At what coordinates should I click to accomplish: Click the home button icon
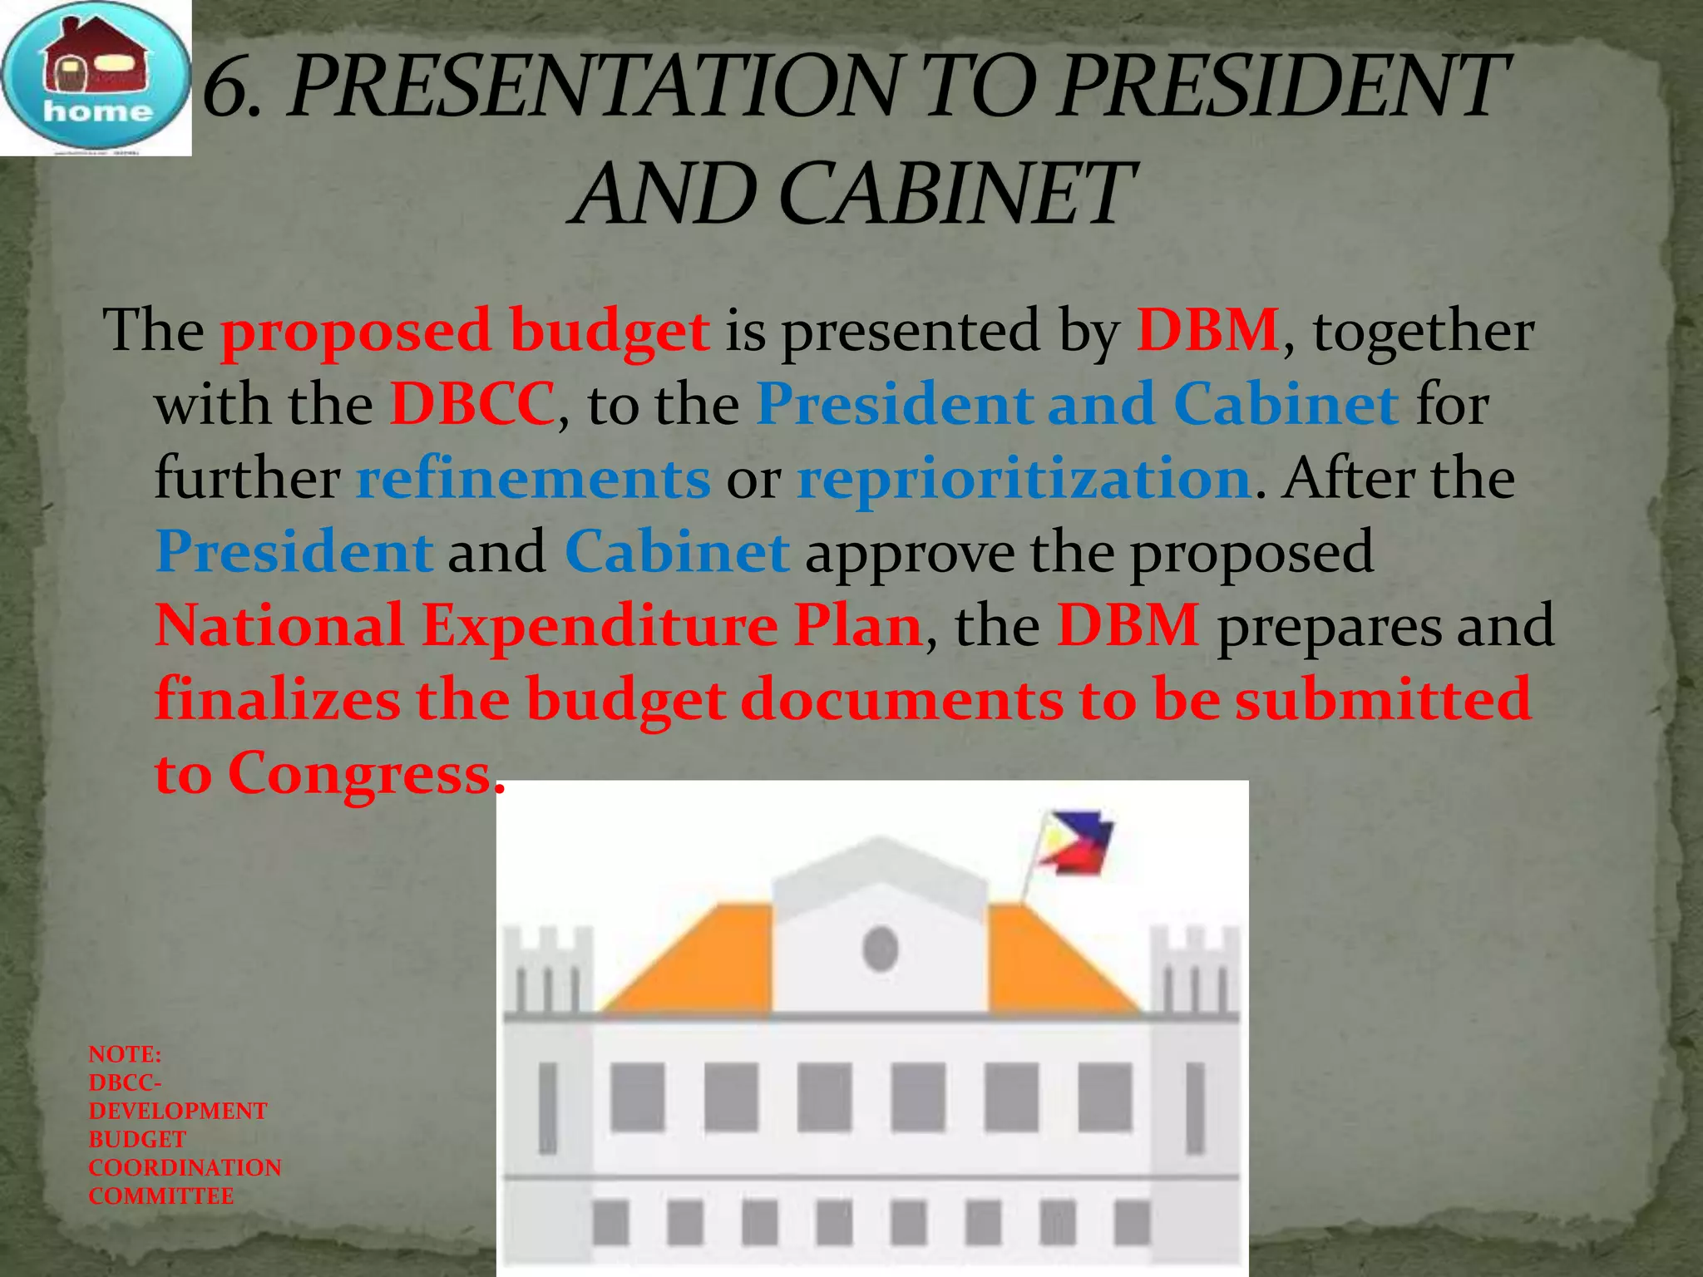pyautogui.click(x=96, y=78)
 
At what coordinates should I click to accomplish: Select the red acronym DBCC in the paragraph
pyautogui.click(x=471, y=404)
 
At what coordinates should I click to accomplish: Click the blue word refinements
pyautogui.click(x=533, y=478)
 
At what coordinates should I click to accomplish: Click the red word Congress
pyautogui.click(x=359, y=773)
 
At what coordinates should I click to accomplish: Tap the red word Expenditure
pyautogui.click(x=600, y=625)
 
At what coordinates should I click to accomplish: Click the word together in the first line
pyautogui.click(x=1423, y=331)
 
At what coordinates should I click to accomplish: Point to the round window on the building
pyautogui.click(x=880, y=949)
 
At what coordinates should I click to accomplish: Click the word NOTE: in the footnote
pyautogui.click(x=125, y=1054)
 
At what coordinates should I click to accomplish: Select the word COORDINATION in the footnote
pyautogui.click(x=185, y=1167)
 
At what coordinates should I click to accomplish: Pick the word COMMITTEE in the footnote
pyautogui.click(x=161, y=1196)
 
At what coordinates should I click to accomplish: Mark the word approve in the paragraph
pyautogui.click(x=909, y=552)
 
